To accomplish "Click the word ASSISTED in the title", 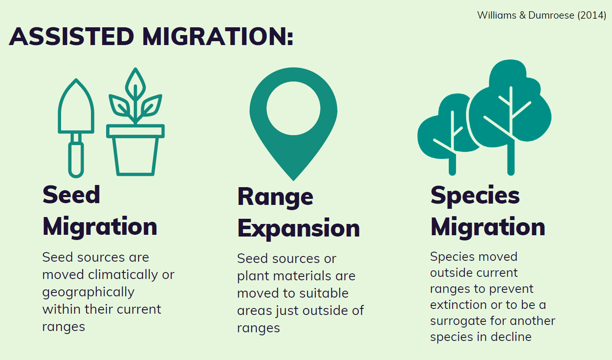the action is [71, 36].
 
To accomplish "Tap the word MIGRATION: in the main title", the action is [218, 36].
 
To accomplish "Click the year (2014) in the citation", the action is [592, 15].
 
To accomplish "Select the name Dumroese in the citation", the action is [551, 15].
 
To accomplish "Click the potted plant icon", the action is [135, 122].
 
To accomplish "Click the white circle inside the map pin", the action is [293, 108].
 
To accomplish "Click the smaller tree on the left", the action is [448, 131].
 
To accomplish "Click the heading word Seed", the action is [71, 195].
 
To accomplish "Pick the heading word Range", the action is [275, 198].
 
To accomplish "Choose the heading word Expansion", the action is [298, 228].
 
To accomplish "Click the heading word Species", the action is [475, 196].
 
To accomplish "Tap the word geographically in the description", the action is [88, 292].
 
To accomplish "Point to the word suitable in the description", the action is [324, 293].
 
